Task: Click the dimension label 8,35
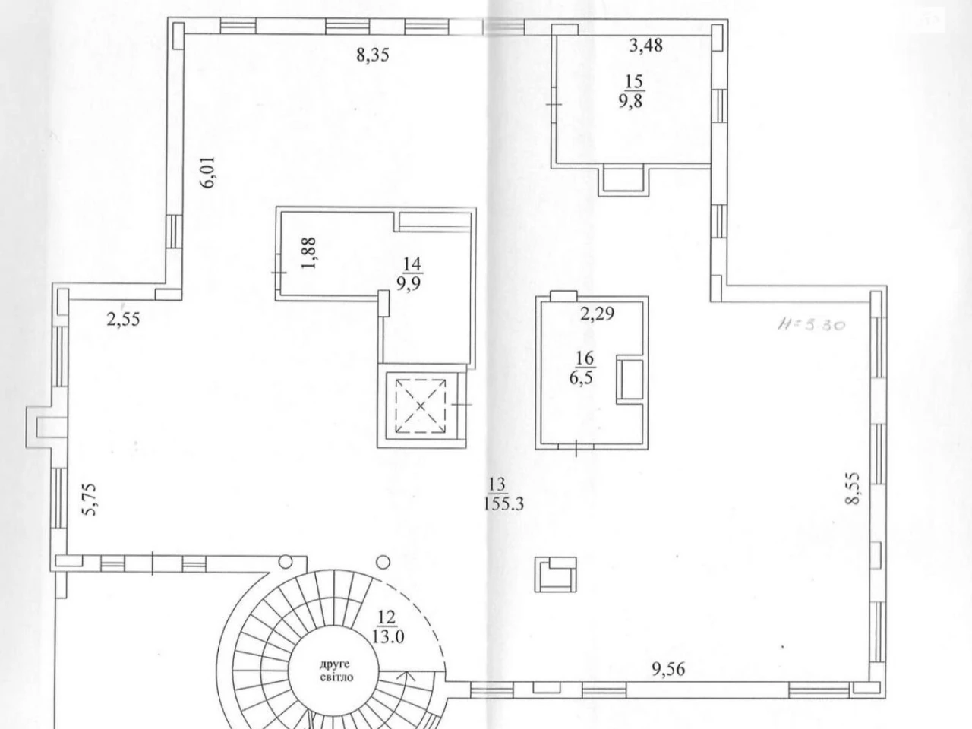coord(373,55)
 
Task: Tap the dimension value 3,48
coord(646,45)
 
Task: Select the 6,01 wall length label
coord(208,172)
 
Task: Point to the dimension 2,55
coord(123,319)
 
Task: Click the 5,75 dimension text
coord(90,499)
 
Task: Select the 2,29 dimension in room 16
coord(598,314)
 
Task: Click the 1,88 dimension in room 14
coord(308,253)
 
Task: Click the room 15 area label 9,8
coord(631,102)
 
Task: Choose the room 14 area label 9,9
coord(409,283)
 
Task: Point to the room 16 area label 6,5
coord(581,379)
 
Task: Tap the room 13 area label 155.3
coord(503,503)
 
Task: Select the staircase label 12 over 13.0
coord(387,626)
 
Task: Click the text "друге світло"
coord(335,671)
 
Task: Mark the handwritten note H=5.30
coord(811,325)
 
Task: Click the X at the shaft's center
coord(421,406)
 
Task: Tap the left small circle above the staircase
coord(286,562)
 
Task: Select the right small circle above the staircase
coord(383,563)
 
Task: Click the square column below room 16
coord(555,575)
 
